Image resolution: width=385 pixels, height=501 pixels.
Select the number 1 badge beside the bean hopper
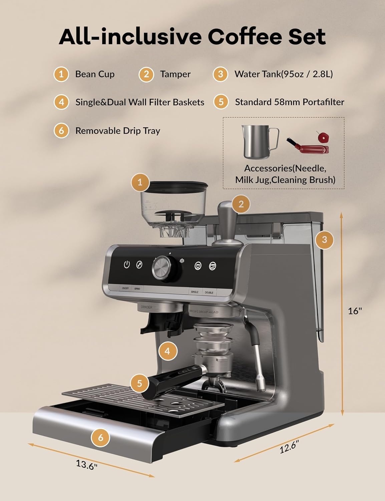click(x=140, y=182)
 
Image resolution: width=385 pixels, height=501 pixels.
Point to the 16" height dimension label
click(x=355, y=311)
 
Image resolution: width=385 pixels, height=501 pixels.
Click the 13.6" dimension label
click(x=86, y=464)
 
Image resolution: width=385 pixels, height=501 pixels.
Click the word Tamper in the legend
click(x=175, y=74)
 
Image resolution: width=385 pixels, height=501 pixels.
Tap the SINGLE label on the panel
click(x=195, y=292)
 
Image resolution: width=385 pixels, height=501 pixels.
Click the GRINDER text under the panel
click(x=146, y=307)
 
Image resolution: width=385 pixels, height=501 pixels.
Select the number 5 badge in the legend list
click(x=221, y=102)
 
